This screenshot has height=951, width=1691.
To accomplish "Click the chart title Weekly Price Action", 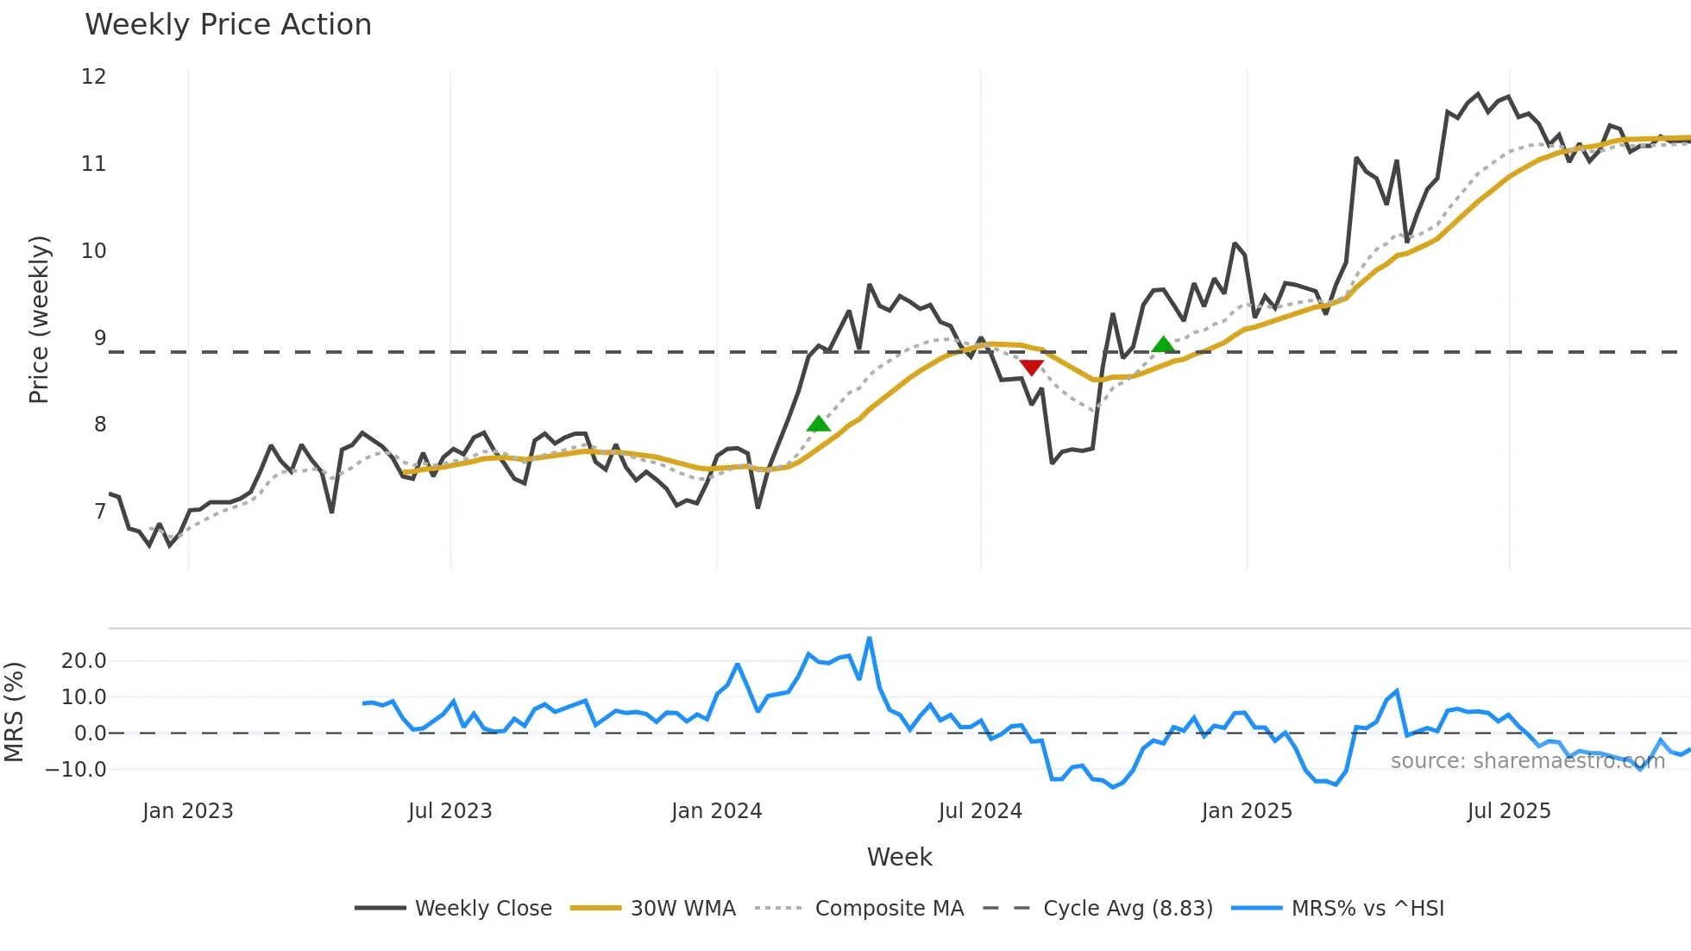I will coord(228,25).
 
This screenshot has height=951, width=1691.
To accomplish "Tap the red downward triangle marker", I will coord(1031,368).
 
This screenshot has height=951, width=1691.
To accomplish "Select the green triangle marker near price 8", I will coord(818,424).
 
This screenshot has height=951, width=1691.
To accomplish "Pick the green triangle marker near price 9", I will coord(1163,345).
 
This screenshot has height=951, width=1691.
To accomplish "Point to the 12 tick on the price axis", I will coord(94,77).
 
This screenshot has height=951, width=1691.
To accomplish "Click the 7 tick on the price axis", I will coord(100,512).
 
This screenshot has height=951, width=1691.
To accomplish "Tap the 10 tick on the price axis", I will coord(94,251).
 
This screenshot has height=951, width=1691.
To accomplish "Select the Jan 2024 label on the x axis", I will coord(716,811).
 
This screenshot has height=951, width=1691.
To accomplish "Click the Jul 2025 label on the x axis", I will coord(1508,811).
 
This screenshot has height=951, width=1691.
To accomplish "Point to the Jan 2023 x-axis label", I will coord(187,811).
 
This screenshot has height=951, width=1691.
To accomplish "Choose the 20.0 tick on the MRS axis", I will coord(84,661).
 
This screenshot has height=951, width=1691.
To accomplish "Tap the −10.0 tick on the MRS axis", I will coord(77,769).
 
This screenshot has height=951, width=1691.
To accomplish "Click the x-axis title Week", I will coord(899,857).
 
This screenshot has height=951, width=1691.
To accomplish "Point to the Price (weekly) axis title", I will coord(39,319).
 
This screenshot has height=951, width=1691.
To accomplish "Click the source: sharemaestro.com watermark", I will coord(1527,761).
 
